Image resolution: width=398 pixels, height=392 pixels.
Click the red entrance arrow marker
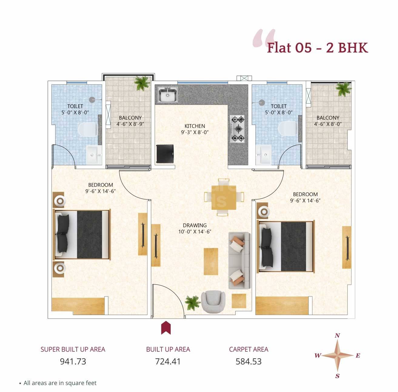166,328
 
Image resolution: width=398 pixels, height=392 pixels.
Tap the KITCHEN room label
195,126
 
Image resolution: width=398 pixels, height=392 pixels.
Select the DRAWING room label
195,225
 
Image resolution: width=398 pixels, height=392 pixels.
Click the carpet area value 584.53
249,361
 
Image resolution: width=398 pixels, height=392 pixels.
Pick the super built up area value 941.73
73,361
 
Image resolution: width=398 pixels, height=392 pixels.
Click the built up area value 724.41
168,361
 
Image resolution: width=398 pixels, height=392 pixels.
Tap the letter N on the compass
337,336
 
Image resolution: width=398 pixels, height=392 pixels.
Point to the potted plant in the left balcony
142,82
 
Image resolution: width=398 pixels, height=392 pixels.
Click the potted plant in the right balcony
343,88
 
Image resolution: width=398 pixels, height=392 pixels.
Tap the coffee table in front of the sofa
211,261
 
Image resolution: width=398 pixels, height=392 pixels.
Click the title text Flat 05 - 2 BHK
317,48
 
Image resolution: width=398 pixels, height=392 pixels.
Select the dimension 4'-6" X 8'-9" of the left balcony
130,124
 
